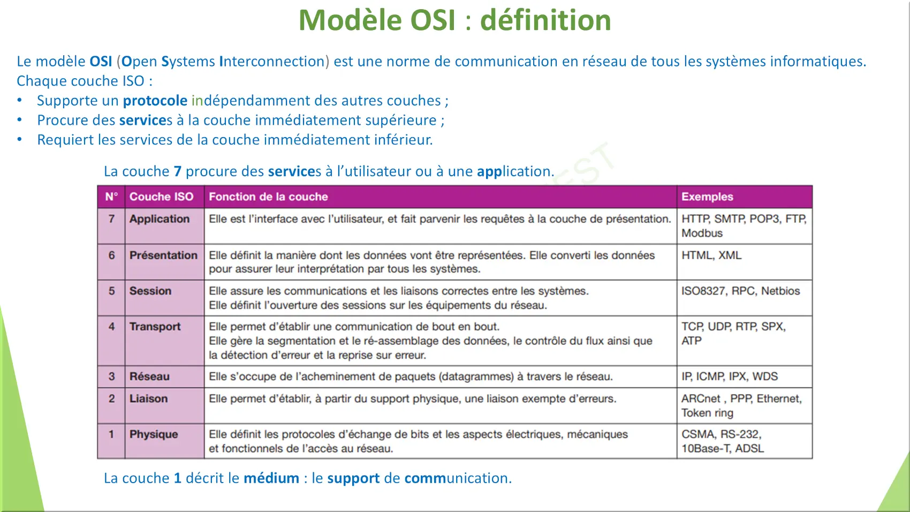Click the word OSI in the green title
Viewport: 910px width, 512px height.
pos(433,20)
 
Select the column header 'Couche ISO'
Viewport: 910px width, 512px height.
pos(161,197)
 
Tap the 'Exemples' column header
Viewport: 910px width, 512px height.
pos(707,197)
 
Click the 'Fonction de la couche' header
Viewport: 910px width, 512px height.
pos(268,197)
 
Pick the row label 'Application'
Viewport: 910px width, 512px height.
pos(160,219)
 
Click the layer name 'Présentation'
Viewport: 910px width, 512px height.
pos(163,255)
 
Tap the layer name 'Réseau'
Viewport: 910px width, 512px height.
pos(149,377)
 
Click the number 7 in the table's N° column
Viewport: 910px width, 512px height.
pos(111,219)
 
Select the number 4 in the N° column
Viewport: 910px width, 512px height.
pos(111,327)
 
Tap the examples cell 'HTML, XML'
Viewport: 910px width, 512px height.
pos(711,255)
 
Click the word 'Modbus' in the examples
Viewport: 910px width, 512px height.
pos(702,234)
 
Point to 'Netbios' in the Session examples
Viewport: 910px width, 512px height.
pos(780,291)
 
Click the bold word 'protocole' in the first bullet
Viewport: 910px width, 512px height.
pos(155,100)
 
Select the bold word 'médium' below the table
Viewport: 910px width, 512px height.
pos(271,478)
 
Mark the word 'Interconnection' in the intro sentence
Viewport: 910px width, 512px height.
pos(272,62)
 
